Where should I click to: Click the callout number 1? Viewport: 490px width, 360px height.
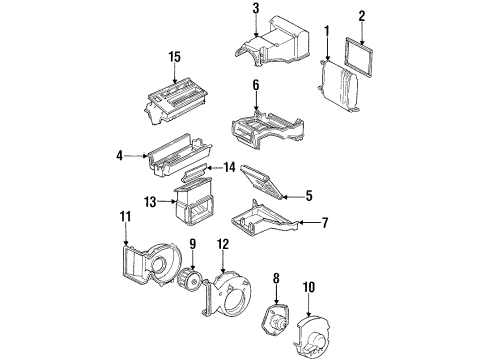click(326, 36)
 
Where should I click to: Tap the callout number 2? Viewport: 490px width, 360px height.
click(362, 16)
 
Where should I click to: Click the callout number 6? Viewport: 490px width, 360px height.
click(255, 86)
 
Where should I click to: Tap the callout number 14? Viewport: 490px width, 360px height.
click(229, 167)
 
